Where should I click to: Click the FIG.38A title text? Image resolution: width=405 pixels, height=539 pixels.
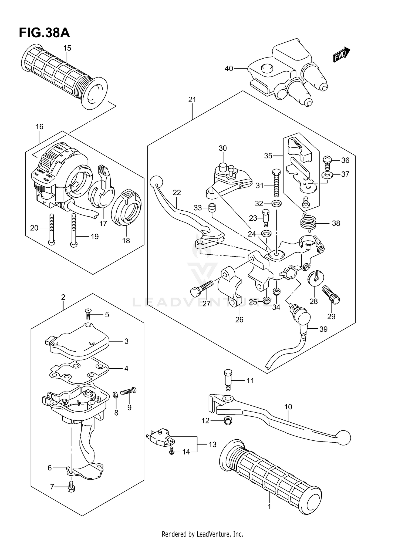coord(44,33)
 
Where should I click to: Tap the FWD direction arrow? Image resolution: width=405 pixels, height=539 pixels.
coord(341,55)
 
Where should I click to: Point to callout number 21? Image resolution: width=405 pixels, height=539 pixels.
coord(192,100)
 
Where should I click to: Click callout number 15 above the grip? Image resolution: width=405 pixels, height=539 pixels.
coord(67,48)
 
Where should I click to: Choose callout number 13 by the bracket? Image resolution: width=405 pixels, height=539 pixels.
coord(212,444)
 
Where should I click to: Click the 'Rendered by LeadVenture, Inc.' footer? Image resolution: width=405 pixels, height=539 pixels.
coord(202,534)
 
